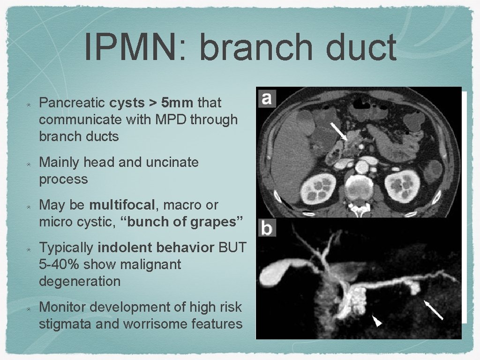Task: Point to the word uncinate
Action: coord(172,162)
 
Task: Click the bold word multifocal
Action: coord(121,205)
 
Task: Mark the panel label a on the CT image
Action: coord(266,99)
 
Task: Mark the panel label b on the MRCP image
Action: coord(266,229)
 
